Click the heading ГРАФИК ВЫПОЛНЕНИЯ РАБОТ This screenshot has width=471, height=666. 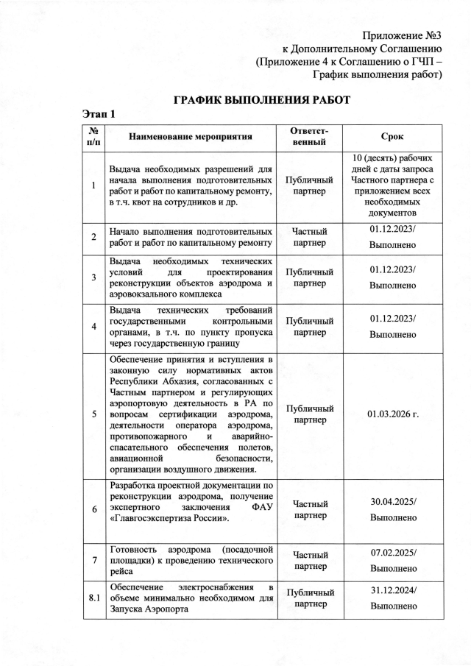pyautogui.click(x=261, y=99)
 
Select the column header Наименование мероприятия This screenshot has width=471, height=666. pyautogui.click(x=191, y=137)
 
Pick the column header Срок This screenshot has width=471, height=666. pyautogui.click(x=392, y=137)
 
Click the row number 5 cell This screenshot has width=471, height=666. pyautogui.click(x=93, y=414)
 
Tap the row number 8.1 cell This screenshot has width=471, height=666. pyautogui.click(x=93, y=598)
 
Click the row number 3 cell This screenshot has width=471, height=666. pyautogui.click(x=93, y=278)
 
